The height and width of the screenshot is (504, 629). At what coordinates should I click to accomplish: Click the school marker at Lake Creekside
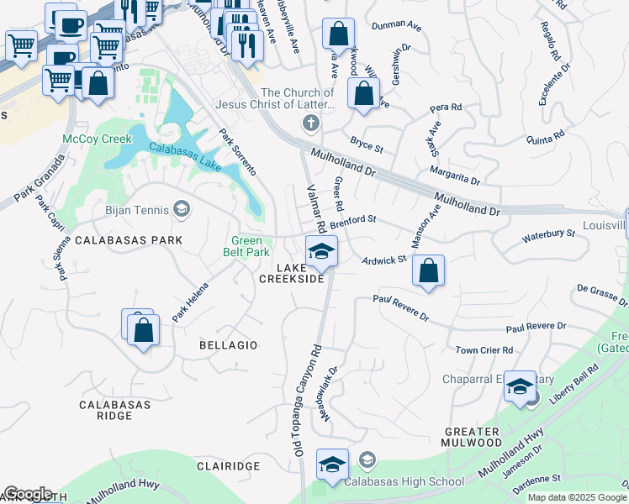(321, 251)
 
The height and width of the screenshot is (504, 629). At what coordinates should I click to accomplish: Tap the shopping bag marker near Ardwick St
(428, 271)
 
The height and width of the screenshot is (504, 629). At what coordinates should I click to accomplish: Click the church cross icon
(311, 124)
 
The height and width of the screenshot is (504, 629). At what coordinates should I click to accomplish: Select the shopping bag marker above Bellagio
(144, 330)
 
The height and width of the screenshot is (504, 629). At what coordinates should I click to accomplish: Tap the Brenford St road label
(351, 222)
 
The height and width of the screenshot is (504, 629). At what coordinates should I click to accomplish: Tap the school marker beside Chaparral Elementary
(520, 385)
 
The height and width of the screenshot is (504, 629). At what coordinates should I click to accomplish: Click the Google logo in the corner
(27, 494)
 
